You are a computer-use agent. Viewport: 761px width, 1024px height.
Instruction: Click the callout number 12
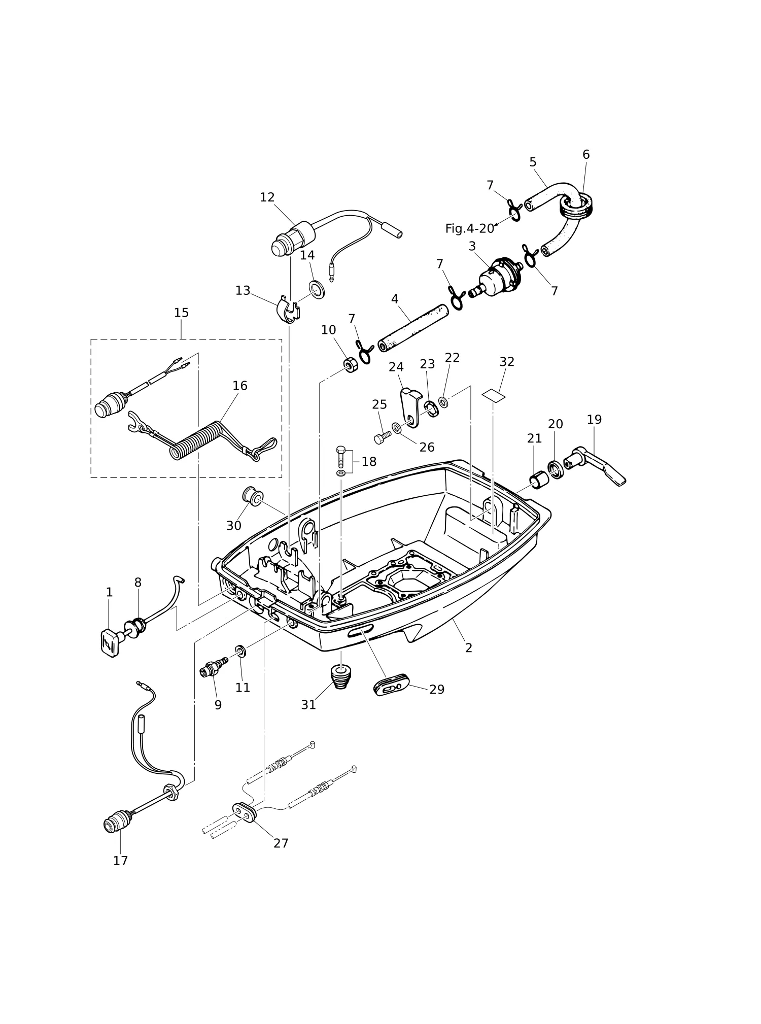click(267, 197)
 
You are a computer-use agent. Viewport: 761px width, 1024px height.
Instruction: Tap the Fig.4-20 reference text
click(469, 229)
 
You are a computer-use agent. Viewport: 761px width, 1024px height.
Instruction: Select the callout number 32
click(507, 362)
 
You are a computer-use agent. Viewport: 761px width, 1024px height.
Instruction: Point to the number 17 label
click(120, 861)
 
